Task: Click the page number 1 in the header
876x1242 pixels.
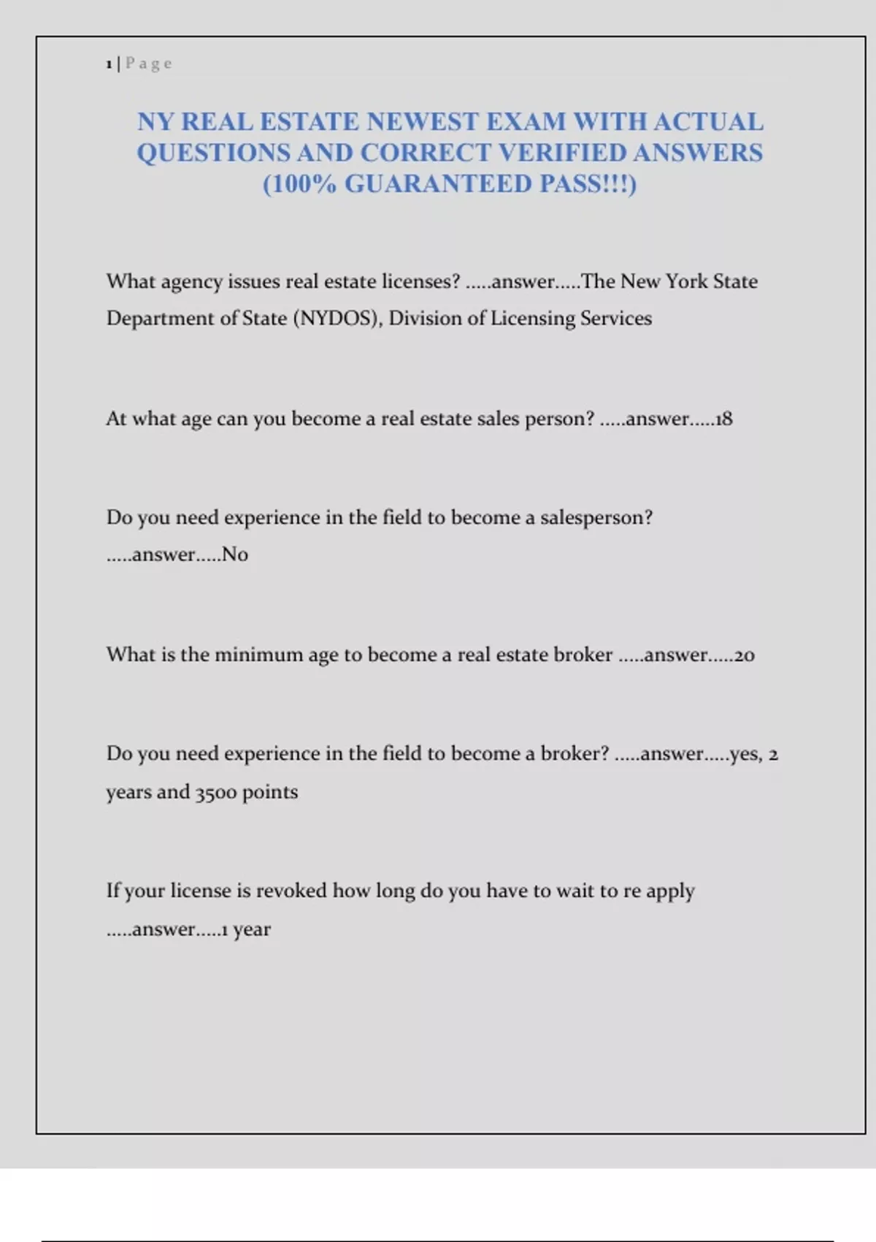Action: pos(109,64)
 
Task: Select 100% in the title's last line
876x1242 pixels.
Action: pos(300,184)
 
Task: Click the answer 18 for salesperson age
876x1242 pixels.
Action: pos(723,419)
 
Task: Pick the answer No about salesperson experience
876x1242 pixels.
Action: pos(235,555)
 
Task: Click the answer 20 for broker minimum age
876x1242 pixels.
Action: pos(744,655)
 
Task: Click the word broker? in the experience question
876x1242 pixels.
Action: pos(575,754)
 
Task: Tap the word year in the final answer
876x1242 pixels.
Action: pos(252,929)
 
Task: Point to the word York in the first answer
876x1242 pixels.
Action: pos(685,282)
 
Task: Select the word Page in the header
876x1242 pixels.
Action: pos(149,64)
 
